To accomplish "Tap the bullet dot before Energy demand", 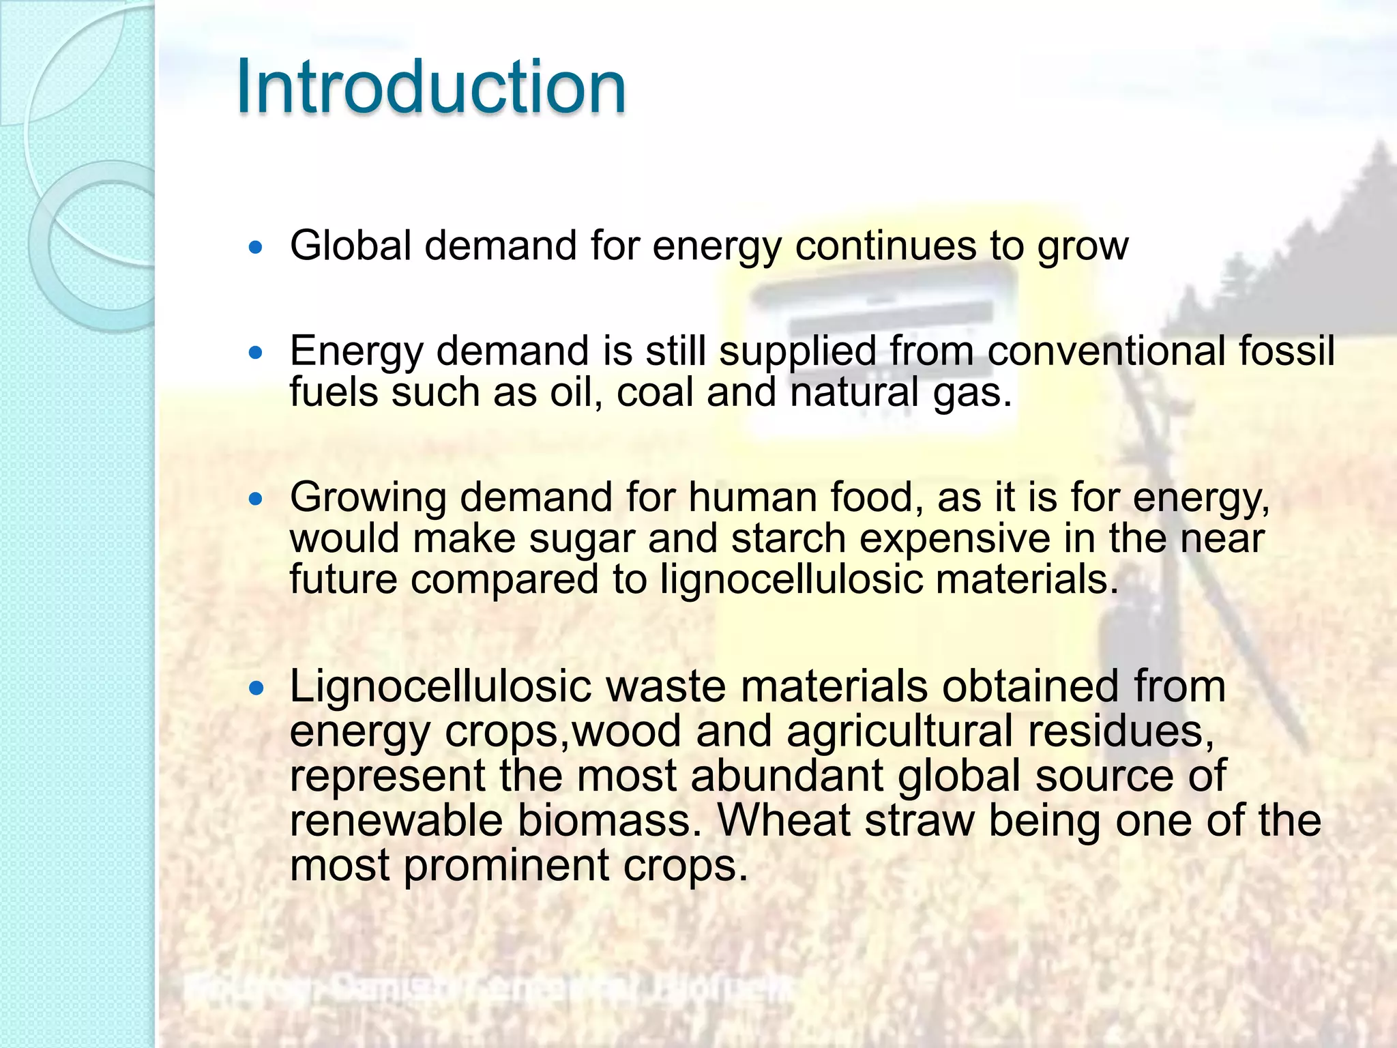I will pyautogui.click(x=256, y=353).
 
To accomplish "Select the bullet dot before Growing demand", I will pyautogui.click(x=256, y=499).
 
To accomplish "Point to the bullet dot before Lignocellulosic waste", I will pyautogui.click(x=256, y=688).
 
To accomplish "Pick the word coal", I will pyautogui.click(x=654, y=392).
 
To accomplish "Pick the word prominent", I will pyautogui.click(x=505, y=866).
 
